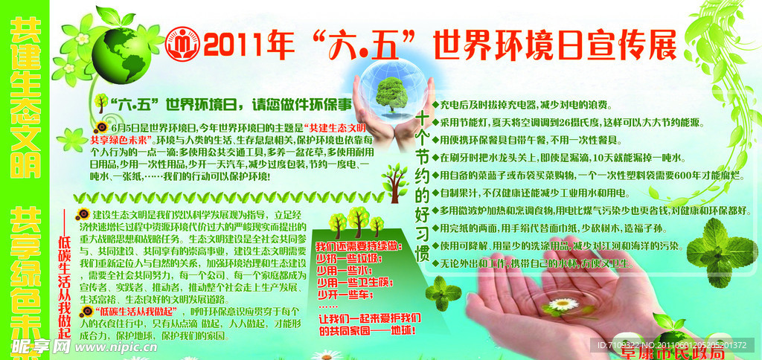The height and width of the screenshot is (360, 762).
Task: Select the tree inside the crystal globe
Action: pos(391,94)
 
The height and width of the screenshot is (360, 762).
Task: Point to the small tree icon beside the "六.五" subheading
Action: pos(100,103)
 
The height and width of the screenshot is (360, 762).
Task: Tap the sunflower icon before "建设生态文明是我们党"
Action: pos(83,195)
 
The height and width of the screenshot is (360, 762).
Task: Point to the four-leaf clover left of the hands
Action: pos(442,292)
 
